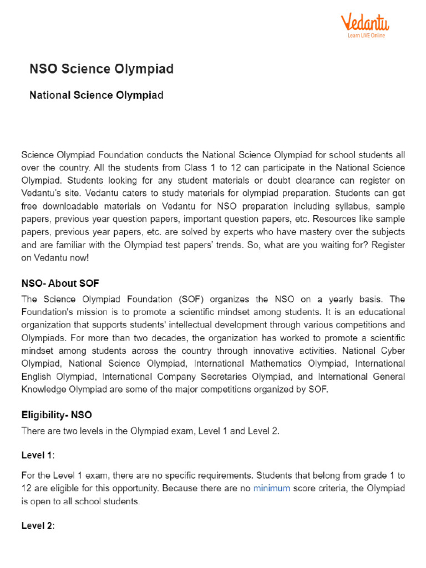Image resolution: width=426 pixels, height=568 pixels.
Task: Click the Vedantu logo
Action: click(x=364, y=23)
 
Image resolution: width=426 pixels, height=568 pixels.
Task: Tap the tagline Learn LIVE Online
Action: click(x=366, y=35)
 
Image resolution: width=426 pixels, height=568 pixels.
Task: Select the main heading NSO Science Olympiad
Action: click(x=101, y=69)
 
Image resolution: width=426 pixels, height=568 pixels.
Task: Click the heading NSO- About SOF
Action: click(x=60, y=283)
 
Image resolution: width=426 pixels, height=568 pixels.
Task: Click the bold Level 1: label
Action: click(x=38, y=455)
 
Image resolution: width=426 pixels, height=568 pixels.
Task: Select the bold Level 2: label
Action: click(x=38, y=525)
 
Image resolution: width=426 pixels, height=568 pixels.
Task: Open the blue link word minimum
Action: click(x=272, y=489)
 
